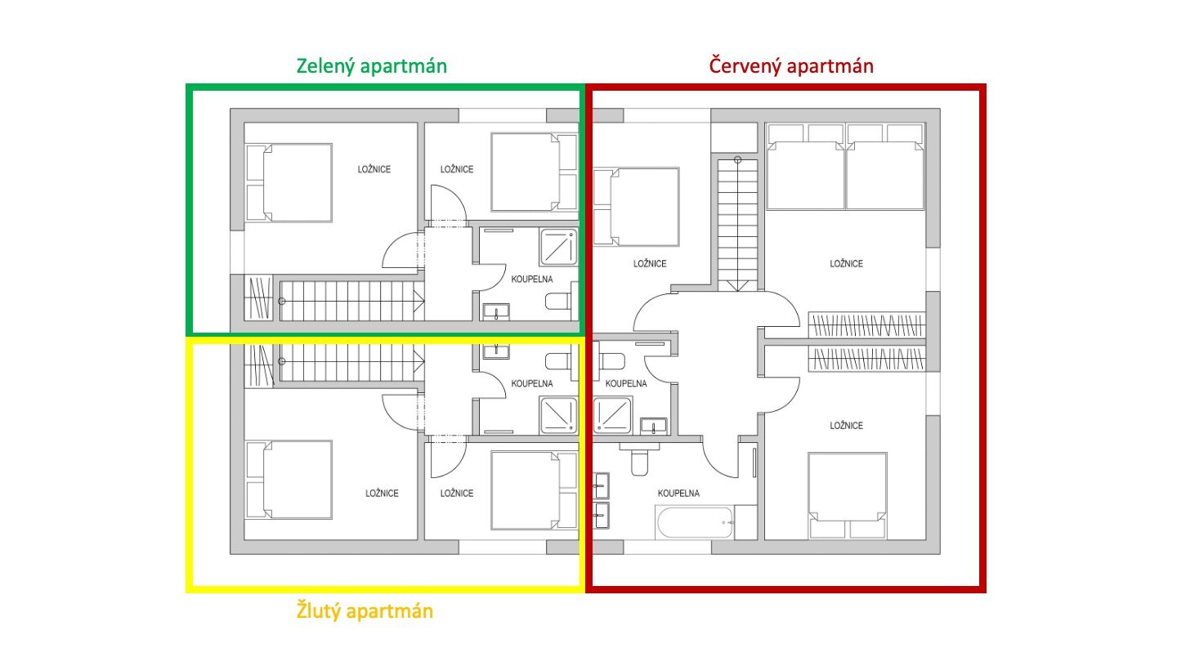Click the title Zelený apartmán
(371, 66)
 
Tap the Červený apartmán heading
(791, 66)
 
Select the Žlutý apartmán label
(365, 611)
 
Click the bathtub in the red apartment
(695, 522)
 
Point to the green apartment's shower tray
(558, 247)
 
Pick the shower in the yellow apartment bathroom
(558, 415)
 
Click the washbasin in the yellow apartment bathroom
(496, 351)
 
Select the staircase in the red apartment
(738, 225)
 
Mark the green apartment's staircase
(352, 301)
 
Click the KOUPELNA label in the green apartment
(532, 279)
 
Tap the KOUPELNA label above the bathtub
(678, 494)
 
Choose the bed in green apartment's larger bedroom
(289, 183)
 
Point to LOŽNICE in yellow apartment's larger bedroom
(382, 494)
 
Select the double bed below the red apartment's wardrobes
(848, 495)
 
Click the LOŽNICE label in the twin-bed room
(846, 264)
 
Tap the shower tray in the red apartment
(612, 415)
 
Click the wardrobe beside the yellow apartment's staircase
(258, 365)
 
